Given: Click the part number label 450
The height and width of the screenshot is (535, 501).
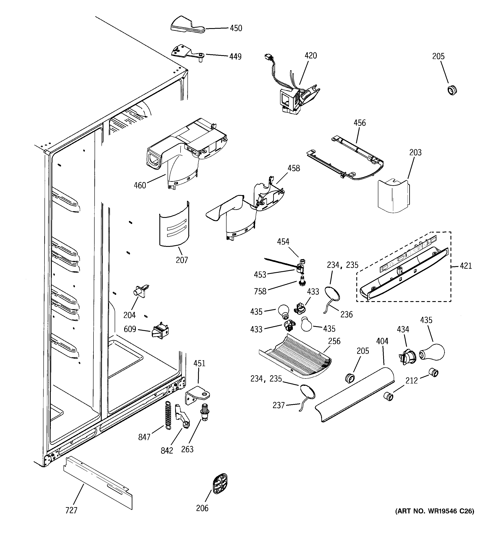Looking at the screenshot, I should coord(236,28).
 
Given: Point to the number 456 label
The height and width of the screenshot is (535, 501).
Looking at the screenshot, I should coord(360,123).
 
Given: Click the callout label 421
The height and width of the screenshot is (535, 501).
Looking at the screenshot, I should coord(466,266).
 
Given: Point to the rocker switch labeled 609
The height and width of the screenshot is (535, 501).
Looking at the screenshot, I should coord(160,330).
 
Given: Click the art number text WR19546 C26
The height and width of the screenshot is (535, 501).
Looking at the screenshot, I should coord(434,519).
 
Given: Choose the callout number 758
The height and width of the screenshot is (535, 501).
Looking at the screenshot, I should coord(260,291).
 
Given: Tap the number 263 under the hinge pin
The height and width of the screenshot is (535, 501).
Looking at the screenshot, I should coord(187,449).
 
